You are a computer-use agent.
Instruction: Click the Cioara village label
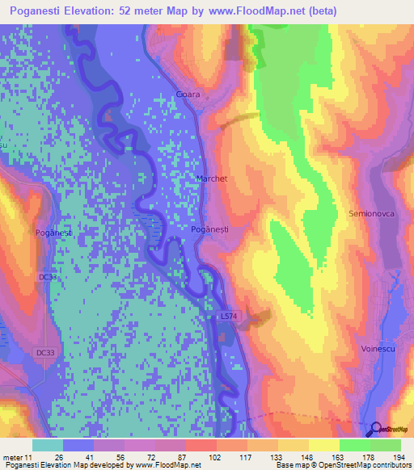(188, 94)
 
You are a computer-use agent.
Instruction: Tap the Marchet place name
(212, 178)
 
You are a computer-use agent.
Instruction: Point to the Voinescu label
(378, 348)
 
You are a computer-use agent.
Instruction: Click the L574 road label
(230, 317)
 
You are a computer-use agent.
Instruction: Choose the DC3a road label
(49, 277)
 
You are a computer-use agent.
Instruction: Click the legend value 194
(399, 455)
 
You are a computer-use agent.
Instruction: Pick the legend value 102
(216, 455)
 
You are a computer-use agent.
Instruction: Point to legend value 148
(308, 455)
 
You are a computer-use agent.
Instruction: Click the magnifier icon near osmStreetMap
(374, 430)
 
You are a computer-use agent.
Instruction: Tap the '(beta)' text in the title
(320, 10)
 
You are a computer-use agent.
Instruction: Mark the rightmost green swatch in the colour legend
(385, 445)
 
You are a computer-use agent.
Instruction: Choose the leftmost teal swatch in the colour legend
(47, 445)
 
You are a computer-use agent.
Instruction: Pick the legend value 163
(339, 455)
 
